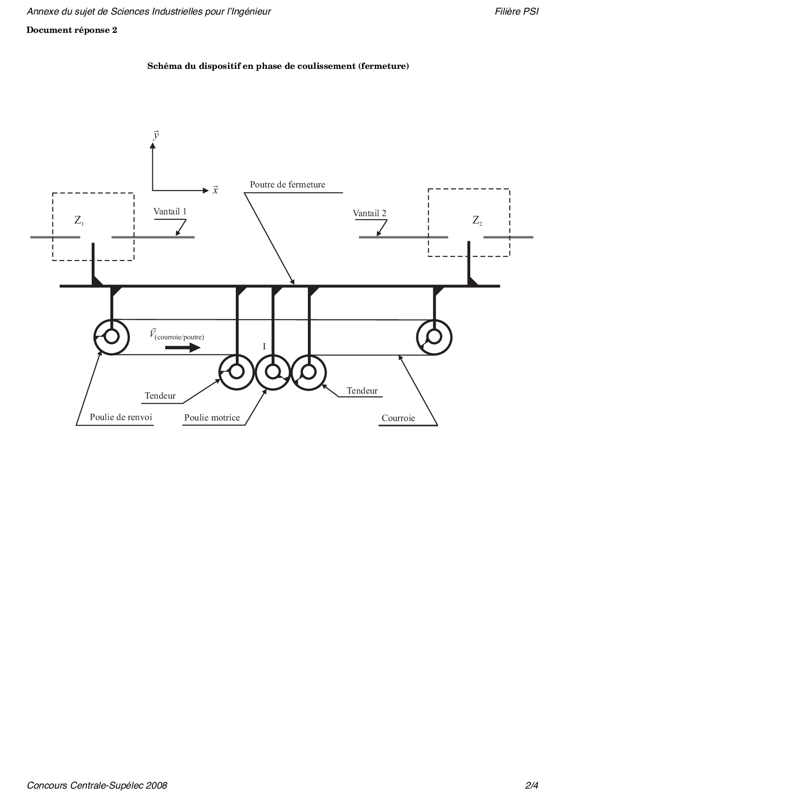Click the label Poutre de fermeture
pos(287,185)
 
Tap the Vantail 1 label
pos(170,211)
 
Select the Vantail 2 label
pos(369,213)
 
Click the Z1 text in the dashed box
pos(79,221)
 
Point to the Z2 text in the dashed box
pos(477,221)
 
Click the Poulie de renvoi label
pos(121,417)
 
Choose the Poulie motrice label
pos(212,417)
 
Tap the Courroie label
pos(398,418)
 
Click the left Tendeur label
pos(160,395)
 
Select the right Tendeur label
pos(362,390)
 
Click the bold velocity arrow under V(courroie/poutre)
pos(182,348)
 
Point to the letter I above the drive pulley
pos(264,347)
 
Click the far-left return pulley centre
pos(112,337)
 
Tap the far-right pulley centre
pos(434,337)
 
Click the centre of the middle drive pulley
pos(273,372)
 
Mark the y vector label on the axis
pos(156,135)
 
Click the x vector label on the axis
pos(215,190)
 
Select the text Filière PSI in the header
pos(517,11)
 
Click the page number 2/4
pos(532,785)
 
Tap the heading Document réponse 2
pos(72,30)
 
